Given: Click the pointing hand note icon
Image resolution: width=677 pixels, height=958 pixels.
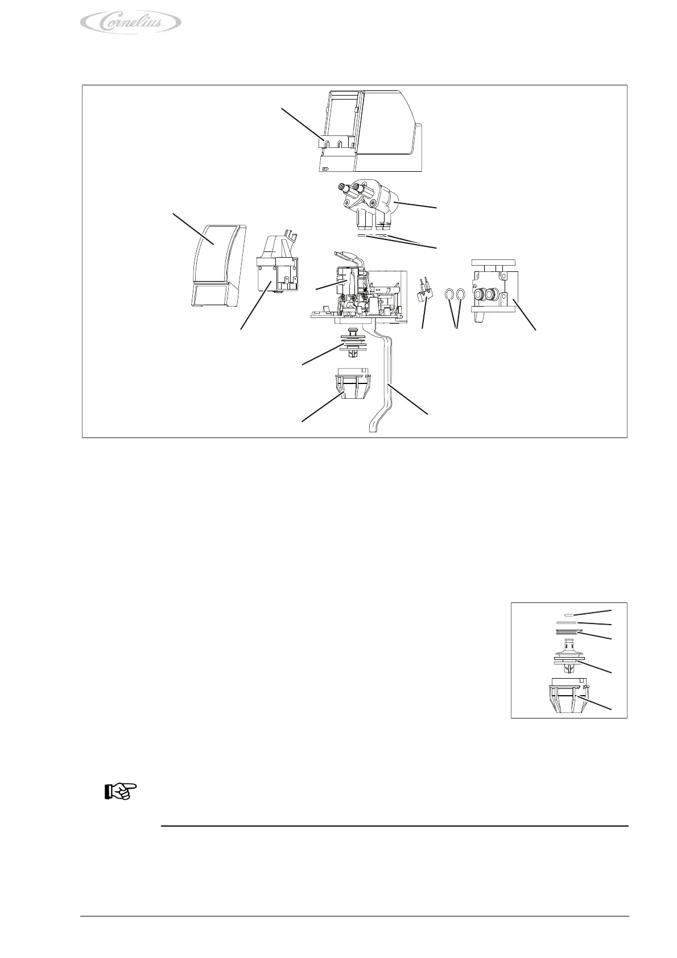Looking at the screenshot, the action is (x=121, y=792).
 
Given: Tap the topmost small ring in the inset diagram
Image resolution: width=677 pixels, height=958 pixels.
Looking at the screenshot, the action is (x=567, y=615).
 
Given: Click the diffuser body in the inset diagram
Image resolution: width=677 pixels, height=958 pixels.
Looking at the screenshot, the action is (x=567, y=657).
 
